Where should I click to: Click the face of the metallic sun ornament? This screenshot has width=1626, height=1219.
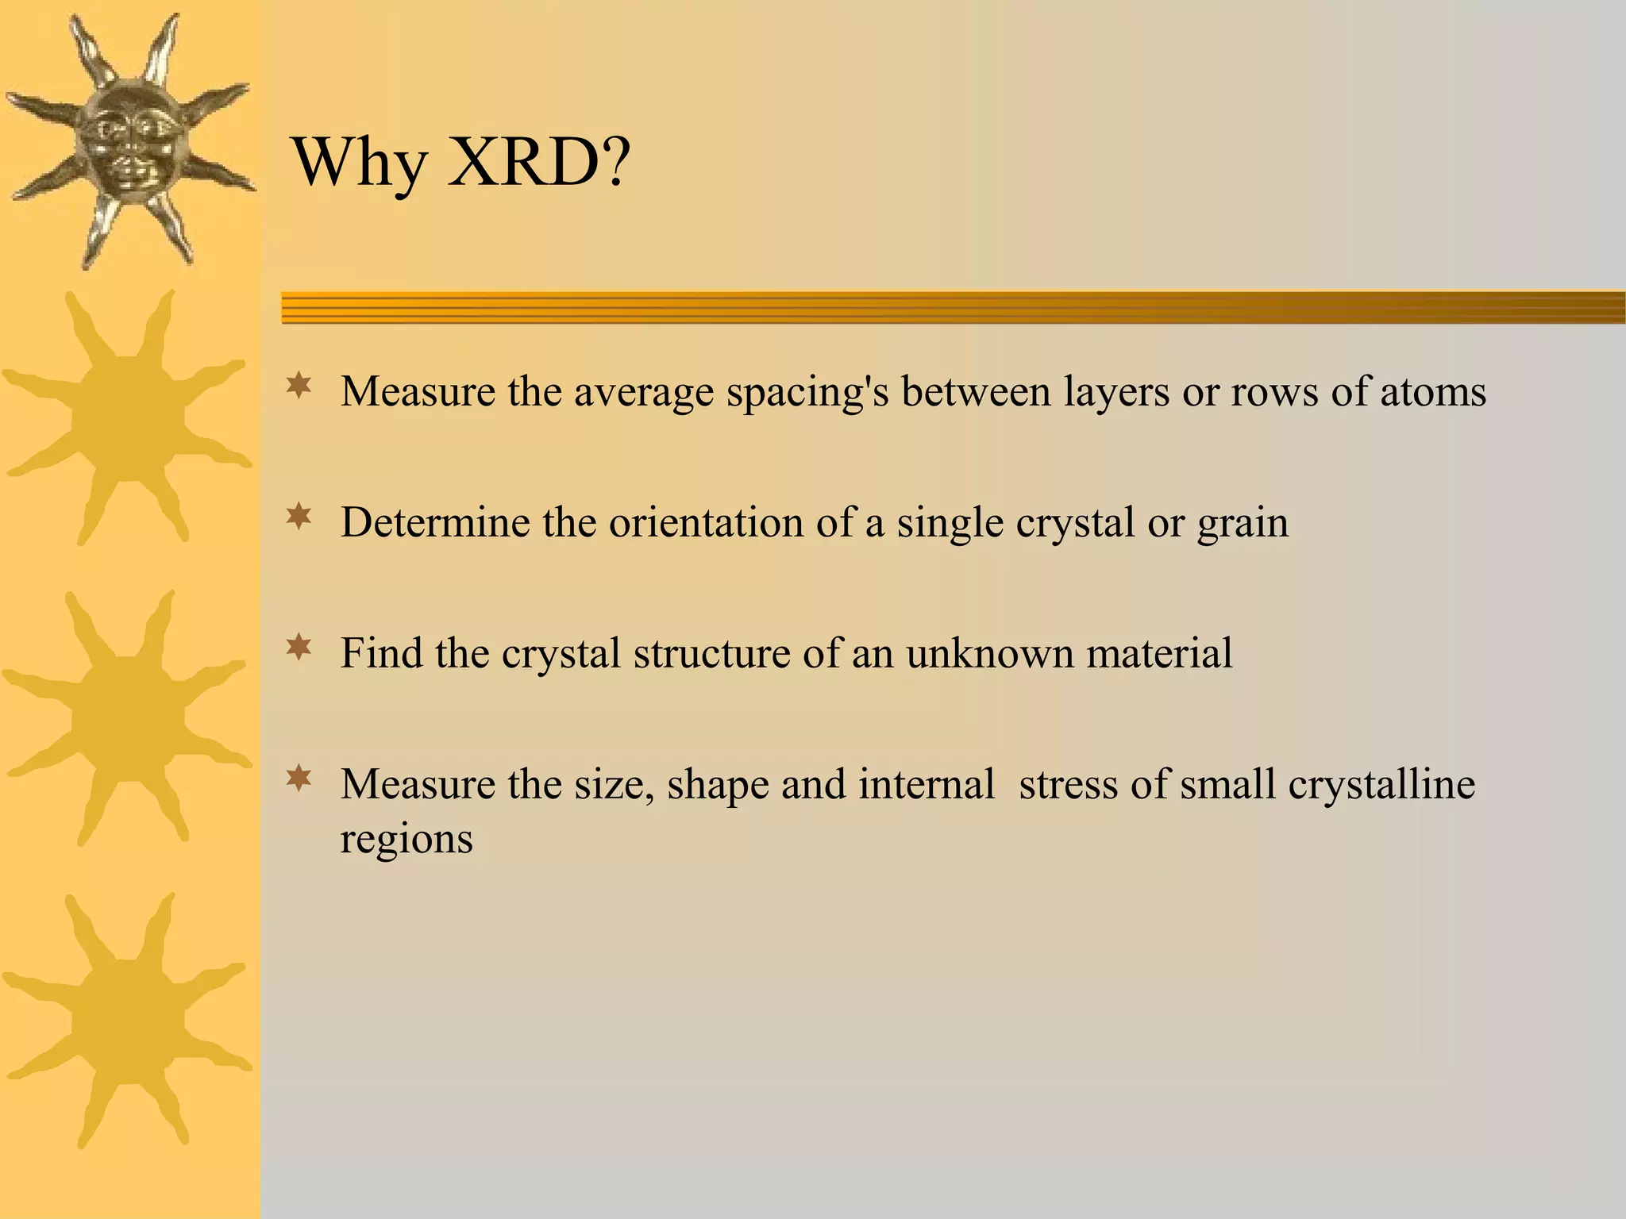pyautogui.click(x=129, y=143)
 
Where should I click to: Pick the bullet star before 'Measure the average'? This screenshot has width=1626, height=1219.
pyautogui.click(x=299, y=387)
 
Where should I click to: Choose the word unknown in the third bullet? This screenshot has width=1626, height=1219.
pyautogui.click(x=989, y=653)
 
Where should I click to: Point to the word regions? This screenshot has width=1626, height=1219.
pyautogui.click(x=406, y=840)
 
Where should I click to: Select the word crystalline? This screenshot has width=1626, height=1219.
pyautogui.click(x=1381, y=784)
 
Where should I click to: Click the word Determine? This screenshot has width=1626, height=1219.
pyautogui.click(x=435, y=523)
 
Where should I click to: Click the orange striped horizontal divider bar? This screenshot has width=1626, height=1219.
pyautogui.click(x=953, y=307)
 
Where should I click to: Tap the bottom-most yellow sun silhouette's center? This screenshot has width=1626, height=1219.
pyautogui.click(x=127, y=1020)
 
